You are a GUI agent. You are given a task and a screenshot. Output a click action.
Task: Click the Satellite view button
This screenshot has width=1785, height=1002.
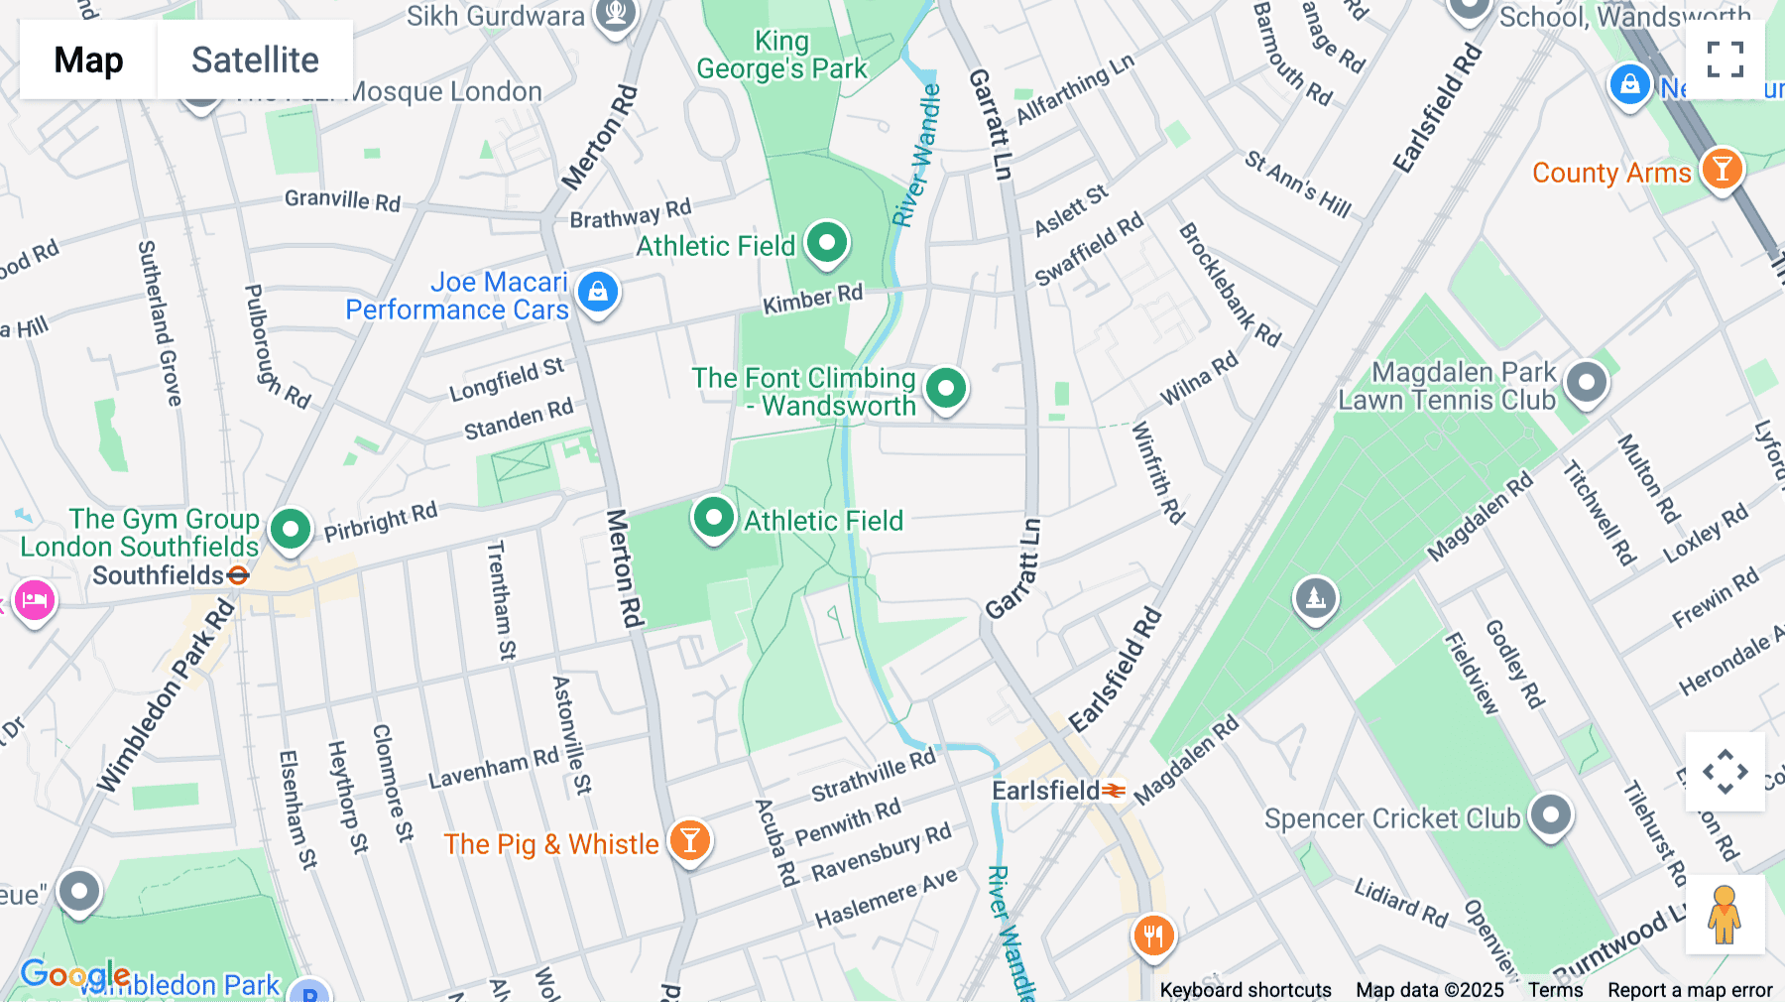255,60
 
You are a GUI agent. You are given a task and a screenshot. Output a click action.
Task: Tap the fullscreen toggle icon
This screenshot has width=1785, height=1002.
1725,60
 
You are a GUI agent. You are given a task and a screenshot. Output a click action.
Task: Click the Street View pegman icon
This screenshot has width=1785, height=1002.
1725,915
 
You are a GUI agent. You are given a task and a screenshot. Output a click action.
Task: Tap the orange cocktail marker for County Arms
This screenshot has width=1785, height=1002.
1722,170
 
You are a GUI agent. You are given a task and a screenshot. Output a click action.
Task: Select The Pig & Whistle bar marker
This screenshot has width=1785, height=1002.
689,841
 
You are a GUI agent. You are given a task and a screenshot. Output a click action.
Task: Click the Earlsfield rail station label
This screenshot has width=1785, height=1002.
1047,791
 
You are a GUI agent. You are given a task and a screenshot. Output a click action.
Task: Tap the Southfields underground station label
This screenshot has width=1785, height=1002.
159,575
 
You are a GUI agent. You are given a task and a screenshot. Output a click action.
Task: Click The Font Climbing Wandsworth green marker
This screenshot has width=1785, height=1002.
945,389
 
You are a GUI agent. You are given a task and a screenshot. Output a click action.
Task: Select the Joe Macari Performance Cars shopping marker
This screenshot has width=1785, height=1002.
597,293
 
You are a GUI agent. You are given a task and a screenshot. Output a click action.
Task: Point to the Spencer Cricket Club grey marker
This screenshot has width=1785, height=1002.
1551,815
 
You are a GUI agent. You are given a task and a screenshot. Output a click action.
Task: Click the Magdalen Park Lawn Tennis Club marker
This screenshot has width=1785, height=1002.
1586,383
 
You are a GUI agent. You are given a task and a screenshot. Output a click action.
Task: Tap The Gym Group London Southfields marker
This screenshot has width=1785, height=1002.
290,530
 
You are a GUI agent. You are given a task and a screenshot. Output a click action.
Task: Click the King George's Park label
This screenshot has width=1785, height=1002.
781,56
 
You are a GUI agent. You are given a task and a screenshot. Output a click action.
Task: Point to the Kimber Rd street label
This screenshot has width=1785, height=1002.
812,299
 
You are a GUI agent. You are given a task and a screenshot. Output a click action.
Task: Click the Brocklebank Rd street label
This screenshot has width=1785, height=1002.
1229,285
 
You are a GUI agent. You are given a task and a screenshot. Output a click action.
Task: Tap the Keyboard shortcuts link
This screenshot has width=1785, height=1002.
1245,990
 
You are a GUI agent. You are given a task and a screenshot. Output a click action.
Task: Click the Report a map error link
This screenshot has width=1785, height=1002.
1689,990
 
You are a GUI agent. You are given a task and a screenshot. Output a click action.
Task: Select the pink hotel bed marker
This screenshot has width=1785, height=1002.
35,601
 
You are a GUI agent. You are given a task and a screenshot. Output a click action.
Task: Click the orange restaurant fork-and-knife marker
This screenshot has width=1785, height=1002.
1152,935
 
